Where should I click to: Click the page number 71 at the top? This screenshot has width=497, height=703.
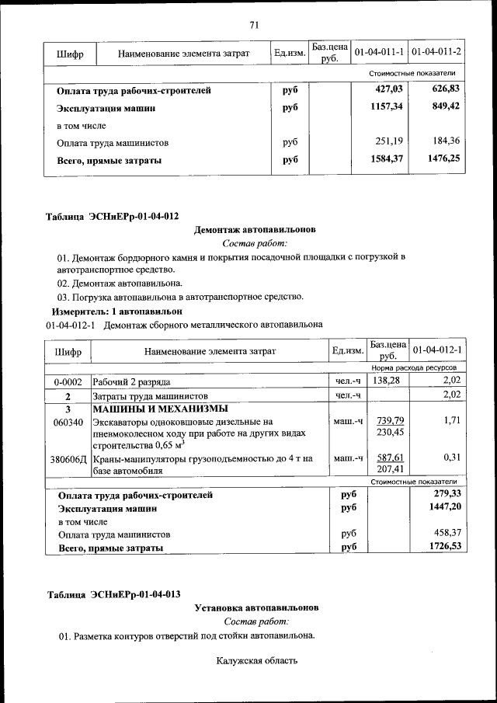coord(253,25)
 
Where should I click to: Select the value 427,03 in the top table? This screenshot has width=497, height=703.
coord(389,91)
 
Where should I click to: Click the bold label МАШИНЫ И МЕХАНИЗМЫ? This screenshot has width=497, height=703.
coord(161,409)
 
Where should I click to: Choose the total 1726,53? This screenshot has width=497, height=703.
coord(446,548)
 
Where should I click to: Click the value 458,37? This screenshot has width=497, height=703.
coord(447,534)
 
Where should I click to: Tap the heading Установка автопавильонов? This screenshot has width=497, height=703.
coord(255,608)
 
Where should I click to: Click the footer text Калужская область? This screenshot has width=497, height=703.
coord(256,661)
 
